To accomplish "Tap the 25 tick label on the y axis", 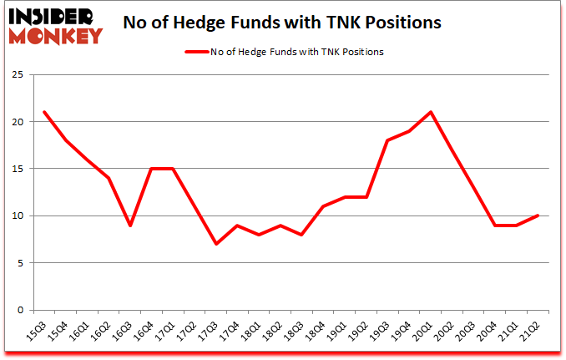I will pos(18,74).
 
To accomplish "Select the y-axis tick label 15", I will pos(18,169).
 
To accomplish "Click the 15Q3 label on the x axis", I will pos(36,332).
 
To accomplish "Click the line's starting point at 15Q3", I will pos(43,112).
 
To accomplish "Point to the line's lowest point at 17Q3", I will pos(217,244).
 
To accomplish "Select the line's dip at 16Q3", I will pos(130,225).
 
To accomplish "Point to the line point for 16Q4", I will pos(152,169).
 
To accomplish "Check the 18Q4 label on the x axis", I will pos(319,332).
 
